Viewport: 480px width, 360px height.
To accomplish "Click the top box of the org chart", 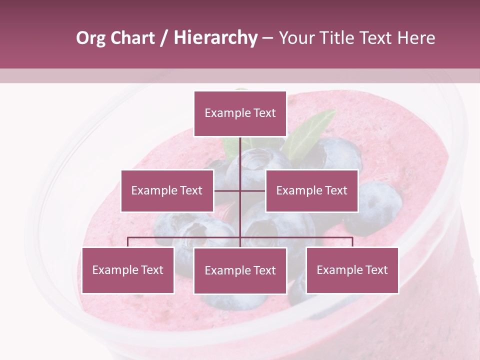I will pos(240,113).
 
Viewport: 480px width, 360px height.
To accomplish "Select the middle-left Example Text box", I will pos(167,190).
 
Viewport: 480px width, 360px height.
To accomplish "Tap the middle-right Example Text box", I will pos(311,190).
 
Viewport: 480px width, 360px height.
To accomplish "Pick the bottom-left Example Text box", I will pos(128,270).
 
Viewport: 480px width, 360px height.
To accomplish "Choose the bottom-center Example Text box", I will pos(240,270).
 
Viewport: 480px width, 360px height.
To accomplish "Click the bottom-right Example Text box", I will pos(352,270).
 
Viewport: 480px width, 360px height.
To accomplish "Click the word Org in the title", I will pos(90,38).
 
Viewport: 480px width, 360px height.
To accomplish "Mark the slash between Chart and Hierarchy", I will pos(164,38).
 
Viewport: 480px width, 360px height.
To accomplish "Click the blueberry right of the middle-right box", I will pos(380,202).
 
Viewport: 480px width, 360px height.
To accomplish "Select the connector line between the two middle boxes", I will pos(240,190).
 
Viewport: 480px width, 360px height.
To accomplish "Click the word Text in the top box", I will pos(263,113).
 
